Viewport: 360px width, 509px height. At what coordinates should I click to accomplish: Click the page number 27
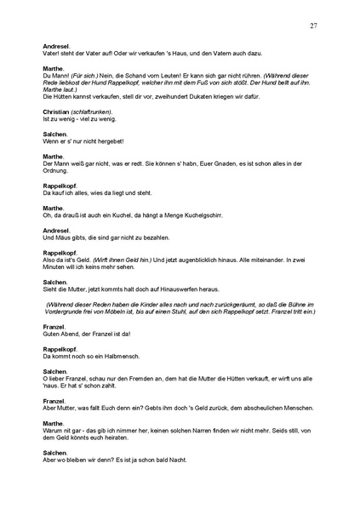coord(314,26)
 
